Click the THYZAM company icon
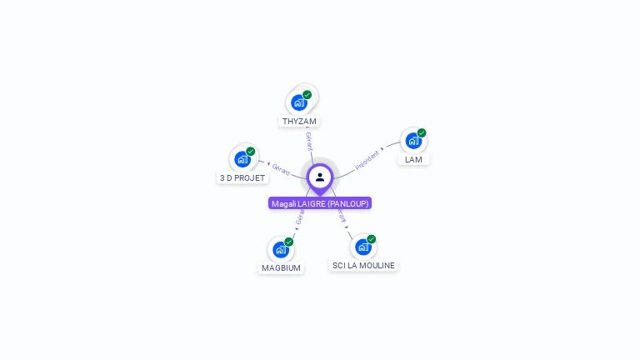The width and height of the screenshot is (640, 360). tap(298, 103)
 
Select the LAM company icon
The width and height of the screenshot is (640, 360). tap(412, 141)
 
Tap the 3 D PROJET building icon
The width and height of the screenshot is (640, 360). tap(242, 159)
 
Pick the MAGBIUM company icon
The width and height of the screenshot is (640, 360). tap(280, 250)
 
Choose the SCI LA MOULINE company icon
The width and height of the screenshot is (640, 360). tap(362, 247)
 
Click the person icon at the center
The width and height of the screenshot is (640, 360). tap(320, 177)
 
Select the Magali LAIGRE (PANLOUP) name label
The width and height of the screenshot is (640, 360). tap(320, 203)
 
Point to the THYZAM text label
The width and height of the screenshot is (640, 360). tap(299, 122)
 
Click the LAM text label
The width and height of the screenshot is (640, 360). tap(413, 159)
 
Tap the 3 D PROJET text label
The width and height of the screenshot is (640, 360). tap(242, 178)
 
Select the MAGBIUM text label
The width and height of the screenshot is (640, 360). tap(281, 268)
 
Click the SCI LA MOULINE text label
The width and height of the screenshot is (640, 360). tap(363, 266)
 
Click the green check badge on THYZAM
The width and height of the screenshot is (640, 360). tap(307, 95)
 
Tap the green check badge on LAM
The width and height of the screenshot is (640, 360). tap(422, 132)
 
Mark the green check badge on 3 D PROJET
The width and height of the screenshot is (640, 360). tap(251, 152)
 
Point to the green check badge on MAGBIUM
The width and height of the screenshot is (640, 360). tap(289, 242)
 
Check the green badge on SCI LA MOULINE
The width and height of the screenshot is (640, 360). tap(372, 239)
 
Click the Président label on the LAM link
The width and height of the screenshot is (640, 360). tap(367, 159)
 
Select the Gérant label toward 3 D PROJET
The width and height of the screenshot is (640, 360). tap(281, 169)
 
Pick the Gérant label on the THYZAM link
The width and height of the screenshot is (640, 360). tap(308, 141)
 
